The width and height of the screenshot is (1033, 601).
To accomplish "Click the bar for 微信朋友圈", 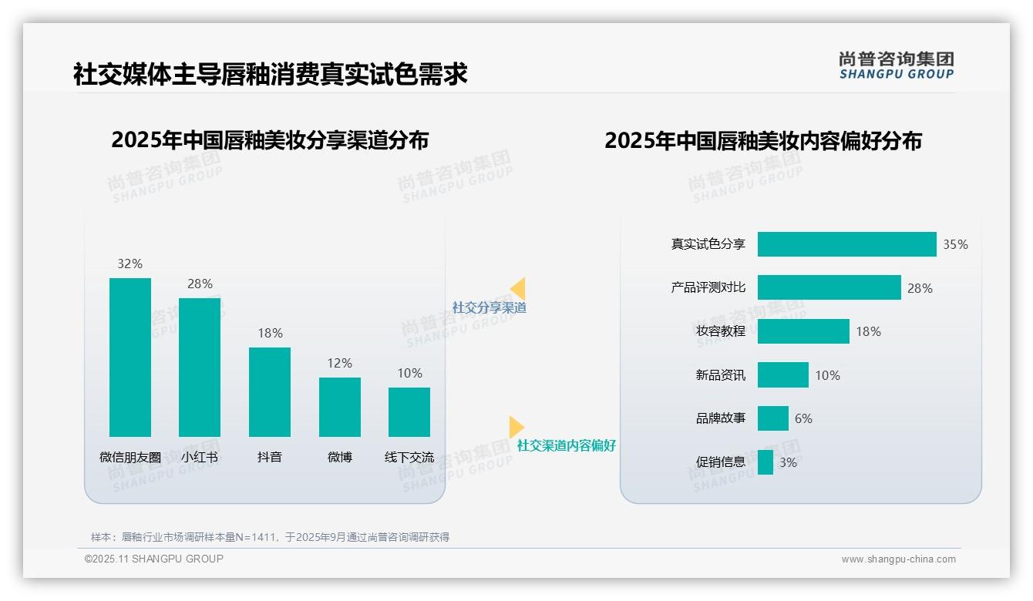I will (130, 358).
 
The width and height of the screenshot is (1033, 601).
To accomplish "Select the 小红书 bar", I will (200, 368).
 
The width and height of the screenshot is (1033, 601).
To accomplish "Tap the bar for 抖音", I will (270, 392).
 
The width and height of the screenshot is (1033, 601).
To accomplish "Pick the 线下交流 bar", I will (409, 412).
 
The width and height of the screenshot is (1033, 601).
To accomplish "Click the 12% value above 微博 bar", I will (339, 363).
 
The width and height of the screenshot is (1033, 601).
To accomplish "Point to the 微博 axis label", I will (339, 457).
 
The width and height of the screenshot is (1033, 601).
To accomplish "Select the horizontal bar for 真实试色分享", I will (846, 244).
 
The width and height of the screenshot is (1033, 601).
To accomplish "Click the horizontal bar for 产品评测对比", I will (829, 287).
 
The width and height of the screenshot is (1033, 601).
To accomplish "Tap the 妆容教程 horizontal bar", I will (803, 331).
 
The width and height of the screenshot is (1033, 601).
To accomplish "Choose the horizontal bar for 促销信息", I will (765, 462).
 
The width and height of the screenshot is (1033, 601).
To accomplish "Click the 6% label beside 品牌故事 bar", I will (803, 418).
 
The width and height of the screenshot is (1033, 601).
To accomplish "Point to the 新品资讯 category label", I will (721, 375).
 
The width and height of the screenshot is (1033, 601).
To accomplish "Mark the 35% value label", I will (955, 244).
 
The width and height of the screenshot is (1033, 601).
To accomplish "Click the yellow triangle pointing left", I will (518, 288).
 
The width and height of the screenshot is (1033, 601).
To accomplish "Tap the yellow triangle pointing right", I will (516, 426).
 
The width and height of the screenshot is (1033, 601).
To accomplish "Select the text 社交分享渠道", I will (490, 307).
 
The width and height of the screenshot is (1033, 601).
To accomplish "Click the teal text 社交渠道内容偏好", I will (567, 445).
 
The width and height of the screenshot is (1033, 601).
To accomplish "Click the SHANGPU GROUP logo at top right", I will (896, 65).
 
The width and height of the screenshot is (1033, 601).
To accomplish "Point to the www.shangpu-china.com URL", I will (898, 559).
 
